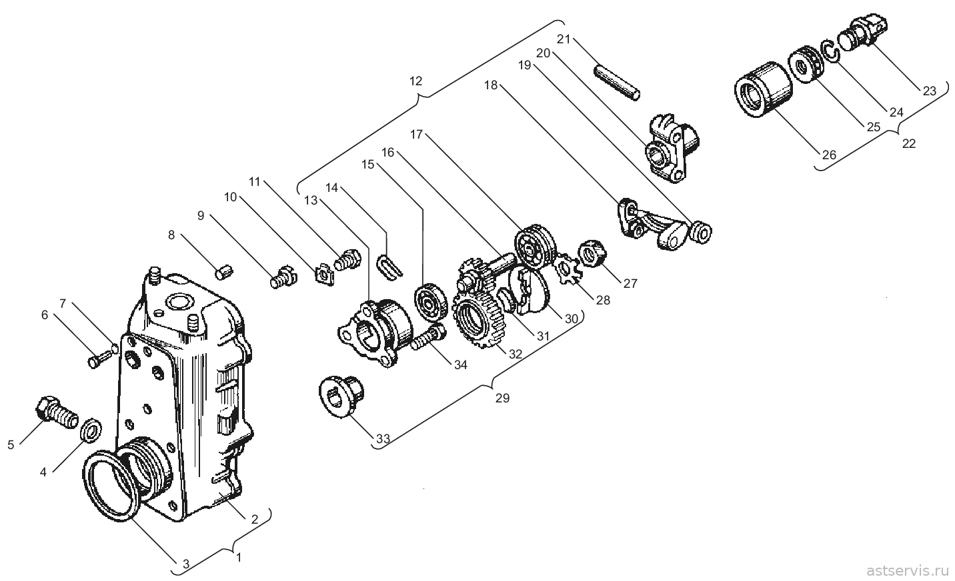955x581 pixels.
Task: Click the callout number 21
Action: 563,39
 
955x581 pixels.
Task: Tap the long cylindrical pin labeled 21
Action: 617,83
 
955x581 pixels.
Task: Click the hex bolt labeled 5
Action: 56,412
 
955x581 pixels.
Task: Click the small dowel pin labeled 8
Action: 224,272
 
